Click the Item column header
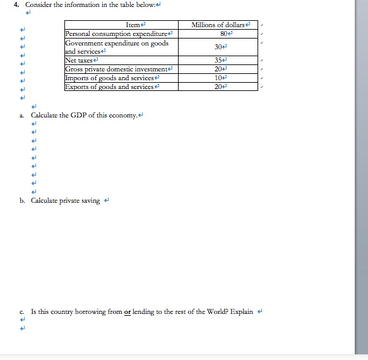coord(133,25)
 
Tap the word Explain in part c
coord(242,311)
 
